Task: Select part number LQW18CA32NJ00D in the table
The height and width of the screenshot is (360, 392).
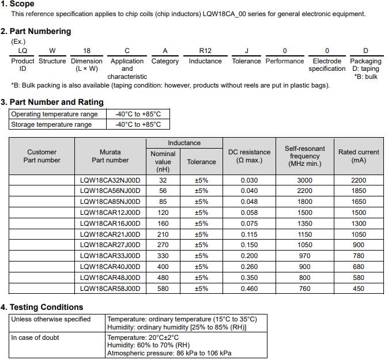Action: pyautogui.click(x=110, y=180)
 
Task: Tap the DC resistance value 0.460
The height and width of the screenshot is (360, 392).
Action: pyautogui.click(x=249, y=289)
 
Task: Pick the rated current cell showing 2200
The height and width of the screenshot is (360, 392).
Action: pyautogui.click(x=359, y=180)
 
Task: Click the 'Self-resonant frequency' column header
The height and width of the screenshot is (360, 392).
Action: pyautogui.click(x=304, y=156)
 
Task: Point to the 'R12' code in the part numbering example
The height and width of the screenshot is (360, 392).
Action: pyautogui.click(x=205, y=51)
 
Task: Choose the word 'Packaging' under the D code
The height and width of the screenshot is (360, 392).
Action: pyautogui.click(x=365, y=61)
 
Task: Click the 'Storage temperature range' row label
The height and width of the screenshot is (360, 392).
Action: pyautogui.click(x=51, y=124)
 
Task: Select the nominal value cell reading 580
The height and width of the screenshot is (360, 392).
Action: pyautogui.click(x=163, y=289)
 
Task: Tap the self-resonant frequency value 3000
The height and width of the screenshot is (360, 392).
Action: pyautogui.click(x=304, y=180)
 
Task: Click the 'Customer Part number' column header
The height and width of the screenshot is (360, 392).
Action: pyautogui.click(x=42, y=156)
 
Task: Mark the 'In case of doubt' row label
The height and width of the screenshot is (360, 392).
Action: pyautogui.click(x=35, y=338)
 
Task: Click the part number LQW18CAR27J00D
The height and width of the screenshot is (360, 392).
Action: pyautogui.click(x=110, y=245)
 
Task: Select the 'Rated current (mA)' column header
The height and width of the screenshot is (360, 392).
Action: pyautogui.click(x=359, y=156)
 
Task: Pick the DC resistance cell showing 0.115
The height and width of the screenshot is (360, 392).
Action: pyautogui.click(x=249, y=234)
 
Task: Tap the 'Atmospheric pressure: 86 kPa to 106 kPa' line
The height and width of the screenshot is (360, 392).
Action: pyautogui.click(x=169, y=353)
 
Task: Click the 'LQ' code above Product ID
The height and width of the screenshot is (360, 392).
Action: pyautogui.click(x=22, y=51)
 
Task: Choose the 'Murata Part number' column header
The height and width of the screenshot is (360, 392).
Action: pyautogui.click(x=110, y=156)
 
